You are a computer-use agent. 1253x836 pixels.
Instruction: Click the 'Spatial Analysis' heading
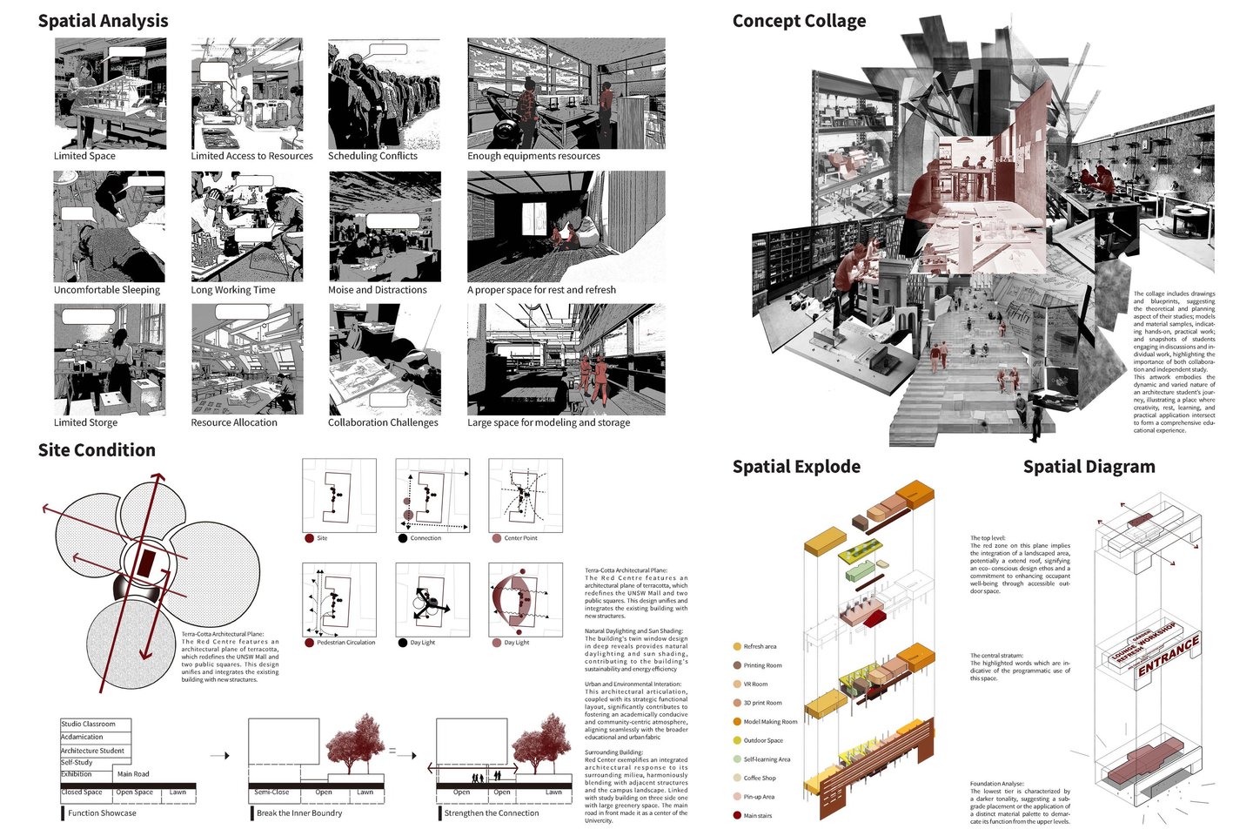(x=103, y=21)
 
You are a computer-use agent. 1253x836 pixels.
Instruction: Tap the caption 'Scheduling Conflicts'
(x=372, y=156)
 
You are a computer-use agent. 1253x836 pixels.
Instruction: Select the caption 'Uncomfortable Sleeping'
(x=107, y=290)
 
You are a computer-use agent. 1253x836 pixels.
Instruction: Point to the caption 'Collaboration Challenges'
(x=383, y=422)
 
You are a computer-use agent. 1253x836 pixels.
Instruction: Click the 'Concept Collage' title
(x=799, y=21)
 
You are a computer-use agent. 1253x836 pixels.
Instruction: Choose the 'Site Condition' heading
(x=97, y=450)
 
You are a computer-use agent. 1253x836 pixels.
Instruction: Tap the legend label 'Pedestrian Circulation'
(x=345, y=643)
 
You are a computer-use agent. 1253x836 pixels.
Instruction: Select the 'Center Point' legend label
(x=520, y=538)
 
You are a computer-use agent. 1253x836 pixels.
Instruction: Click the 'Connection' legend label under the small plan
(x=425, y=538)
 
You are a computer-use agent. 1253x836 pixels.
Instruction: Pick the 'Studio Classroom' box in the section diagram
(x=95, y=724)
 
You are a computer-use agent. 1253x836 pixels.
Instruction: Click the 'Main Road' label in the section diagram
(x=133, y=773)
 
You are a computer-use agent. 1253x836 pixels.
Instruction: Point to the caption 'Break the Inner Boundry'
(x=299, y=813)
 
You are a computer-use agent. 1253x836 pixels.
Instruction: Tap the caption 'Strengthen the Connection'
(x=492, y=813)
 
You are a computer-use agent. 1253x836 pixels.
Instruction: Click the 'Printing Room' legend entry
(x=762, y=665)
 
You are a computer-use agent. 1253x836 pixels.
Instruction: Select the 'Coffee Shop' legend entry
(x=760, y=779)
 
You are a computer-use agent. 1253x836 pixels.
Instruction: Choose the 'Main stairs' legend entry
(x=757, y=816)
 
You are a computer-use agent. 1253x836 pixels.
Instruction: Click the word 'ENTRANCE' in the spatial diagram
(x=1169, y=655)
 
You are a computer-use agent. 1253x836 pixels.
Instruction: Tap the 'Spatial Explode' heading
(x=796, y=467)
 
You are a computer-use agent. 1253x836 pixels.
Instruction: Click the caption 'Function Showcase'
(x=102, y=813)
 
